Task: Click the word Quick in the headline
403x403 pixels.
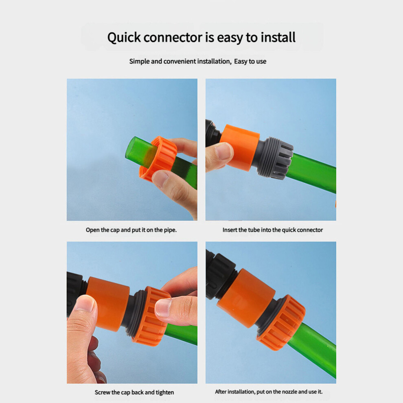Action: tap(124, 38)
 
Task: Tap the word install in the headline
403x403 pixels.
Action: tap(278, 37)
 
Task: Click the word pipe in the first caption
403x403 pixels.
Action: tap(170, 230)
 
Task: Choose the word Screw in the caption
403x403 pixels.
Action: tap(102, 392)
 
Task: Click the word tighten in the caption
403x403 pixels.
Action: tap(165, 392)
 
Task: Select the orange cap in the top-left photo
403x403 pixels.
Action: tap(159, 158)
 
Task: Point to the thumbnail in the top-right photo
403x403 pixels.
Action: tap(223, 151)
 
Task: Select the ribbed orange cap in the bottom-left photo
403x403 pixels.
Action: tap(151, 316)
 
